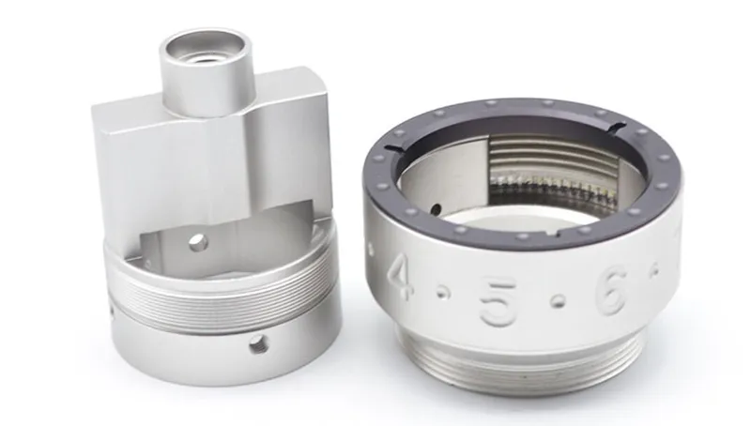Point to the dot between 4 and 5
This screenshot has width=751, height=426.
coord(443,293)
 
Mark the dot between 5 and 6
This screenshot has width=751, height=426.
coord(557,301)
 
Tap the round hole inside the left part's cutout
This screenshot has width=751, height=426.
coord(198,243)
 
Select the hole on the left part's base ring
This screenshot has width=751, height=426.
coord(259,345)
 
